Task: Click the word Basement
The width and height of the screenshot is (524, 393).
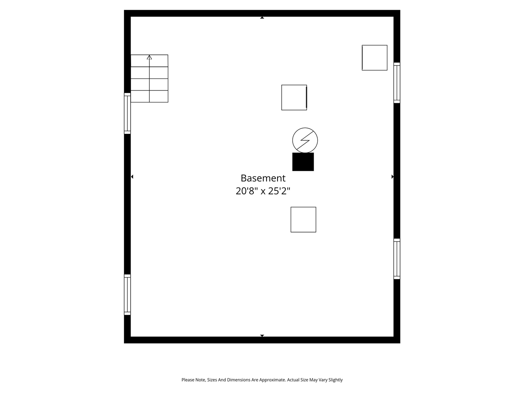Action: pos(263,178)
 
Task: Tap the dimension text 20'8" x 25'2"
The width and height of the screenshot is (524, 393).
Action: pos(263,191)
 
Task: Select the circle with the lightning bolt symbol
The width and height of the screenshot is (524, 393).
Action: pos(305,140)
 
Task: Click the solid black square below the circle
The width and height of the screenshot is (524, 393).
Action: pos(303,162)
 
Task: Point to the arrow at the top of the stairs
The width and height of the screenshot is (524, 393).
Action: pos(149,57)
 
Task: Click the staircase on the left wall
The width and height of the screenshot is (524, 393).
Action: pos(149,79)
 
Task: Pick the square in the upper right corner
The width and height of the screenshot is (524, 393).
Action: pos(375,58)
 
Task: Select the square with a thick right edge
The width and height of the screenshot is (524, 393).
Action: pos(294,97)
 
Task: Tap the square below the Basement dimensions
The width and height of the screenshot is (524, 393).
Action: pos(303,219)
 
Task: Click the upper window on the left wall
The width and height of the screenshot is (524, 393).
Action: pos(127,113)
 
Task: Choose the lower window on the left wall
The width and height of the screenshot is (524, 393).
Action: pos(127,295)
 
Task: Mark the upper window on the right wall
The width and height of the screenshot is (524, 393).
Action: pos(397,83)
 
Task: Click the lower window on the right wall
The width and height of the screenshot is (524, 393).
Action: pos(397,259)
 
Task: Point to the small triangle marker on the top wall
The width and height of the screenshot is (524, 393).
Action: pos(262,18)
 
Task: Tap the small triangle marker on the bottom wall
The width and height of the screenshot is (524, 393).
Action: pos(262,336)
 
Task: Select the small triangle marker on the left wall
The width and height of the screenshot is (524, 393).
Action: pos(132,177)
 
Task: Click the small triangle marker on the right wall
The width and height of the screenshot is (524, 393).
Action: pos(392,177)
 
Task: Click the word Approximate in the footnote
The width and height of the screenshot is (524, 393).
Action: pos(271,380)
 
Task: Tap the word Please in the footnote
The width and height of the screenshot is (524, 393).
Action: pos(188,380)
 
